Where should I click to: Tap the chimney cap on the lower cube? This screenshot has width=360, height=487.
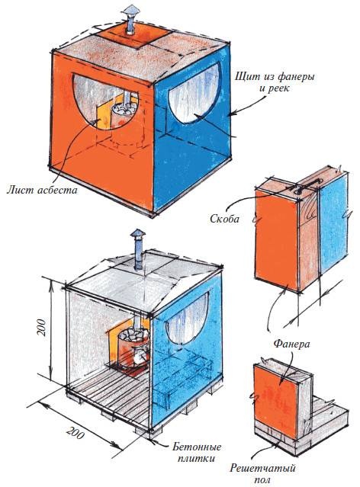click(137, 233)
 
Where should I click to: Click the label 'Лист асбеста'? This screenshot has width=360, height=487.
click(42, 189)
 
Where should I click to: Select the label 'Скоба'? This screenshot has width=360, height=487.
click(224, 219)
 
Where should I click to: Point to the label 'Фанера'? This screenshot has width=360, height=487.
click(291, 344)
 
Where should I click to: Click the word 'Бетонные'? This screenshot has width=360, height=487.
click(197, 447)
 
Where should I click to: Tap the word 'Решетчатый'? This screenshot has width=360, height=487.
click(262, 468)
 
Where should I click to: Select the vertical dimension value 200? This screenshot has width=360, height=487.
click(42, 327)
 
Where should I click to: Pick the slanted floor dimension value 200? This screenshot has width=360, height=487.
click(76, 432)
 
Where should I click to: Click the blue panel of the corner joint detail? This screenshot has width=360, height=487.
click(333, 224)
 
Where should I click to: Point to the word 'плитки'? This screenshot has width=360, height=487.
click(196, 459)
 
